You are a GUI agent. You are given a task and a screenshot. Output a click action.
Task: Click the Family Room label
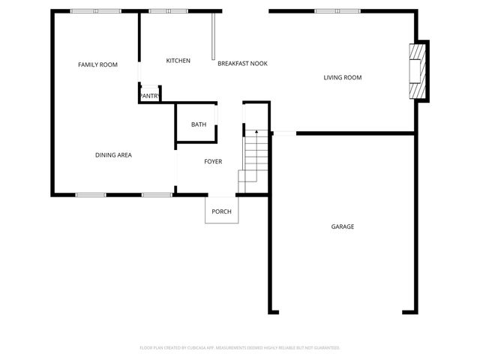(x=97, y=65)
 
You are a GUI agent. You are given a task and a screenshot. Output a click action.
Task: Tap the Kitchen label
(x=178, y=61)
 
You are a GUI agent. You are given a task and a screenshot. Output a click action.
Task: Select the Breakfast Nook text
(x=242, y=64)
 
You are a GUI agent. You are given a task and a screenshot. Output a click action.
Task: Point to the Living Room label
(x=343, y=77)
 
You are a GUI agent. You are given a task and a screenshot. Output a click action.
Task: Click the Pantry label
(x=150, y=96)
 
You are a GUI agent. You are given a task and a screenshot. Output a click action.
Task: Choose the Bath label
(x=198, y=124)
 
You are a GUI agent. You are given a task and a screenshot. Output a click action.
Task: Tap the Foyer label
(x=213, y=161)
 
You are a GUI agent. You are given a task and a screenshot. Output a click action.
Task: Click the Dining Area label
(x=113, y=155)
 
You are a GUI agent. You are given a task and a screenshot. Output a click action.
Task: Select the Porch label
(x=221, y=211)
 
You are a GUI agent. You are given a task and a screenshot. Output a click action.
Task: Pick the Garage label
(x=343, y=226)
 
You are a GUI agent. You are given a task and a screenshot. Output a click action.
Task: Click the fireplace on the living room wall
(x=417, y=71)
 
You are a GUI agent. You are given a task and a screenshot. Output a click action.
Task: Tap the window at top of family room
(x=95, y=11)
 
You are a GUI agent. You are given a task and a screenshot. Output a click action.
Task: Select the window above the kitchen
(x=168, y=11)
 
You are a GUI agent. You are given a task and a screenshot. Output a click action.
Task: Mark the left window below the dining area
(x=90, y=195)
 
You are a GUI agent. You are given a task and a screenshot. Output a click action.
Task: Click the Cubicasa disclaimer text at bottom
(x=240, y=348)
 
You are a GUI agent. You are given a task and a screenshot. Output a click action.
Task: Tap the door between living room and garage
(x=284, y=133)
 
